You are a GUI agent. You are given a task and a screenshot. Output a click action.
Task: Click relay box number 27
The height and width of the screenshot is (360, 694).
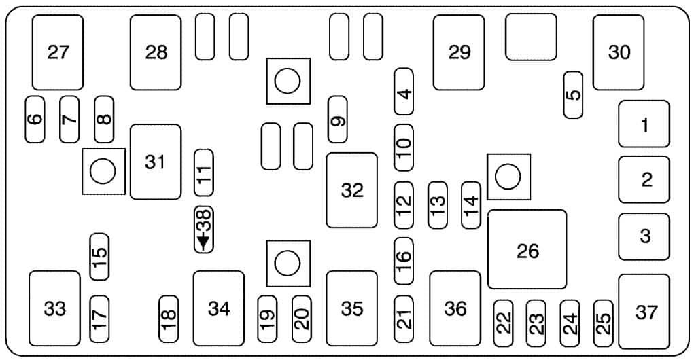click(58, 52)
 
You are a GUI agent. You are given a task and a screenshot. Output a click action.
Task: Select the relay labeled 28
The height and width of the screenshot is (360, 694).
click(156, 52)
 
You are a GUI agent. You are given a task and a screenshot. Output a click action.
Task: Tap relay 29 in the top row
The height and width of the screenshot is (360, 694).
click(459, 52)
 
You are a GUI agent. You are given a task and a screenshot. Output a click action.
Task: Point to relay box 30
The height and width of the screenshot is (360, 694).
click(619, 52)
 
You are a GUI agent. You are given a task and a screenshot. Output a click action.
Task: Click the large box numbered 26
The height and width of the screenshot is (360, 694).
click(527, 249)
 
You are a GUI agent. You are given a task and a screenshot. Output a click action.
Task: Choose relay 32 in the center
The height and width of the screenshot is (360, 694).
click(352, 190)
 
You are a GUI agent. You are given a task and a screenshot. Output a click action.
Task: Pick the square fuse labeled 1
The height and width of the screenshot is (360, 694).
click(644, 124)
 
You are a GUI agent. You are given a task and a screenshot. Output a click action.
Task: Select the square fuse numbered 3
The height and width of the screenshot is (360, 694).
click(644, 236)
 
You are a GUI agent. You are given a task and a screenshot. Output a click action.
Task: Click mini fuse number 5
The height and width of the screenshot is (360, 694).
click(573, 94)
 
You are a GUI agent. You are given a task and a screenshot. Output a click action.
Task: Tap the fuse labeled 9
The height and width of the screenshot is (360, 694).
click(338, 120)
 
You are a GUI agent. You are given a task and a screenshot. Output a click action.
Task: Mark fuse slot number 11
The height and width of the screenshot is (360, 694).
click(204, 173)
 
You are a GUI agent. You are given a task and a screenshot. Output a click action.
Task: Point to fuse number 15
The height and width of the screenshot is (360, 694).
click(100, 257)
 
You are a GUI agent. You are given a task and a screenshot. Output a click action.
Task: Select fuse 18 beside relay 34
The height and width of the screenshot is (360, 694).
click(169, 319)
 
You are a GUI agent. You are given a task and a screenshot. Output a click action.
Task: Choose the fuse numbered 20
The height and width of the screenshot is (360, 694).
click(302, 319)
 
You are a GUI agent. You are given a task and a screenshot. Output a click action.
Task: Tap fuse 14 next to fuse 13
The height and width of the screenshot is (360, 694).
click(471, 204)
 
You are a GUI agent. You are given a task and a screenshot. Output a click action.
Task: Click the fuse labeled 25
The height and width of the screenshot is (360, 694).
click(604, 323)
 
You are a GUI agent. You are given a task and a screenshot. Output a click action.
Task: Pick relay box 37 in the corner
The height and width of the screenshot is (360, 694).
click(644, 312)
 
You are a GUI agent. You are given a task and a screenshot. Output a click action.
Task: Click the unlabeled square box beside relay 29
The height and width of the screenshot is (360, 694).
click(531, 37)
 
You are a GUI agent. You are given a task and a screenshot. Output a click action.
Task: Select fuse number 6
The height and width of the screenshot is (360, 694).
click(35, 120)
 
